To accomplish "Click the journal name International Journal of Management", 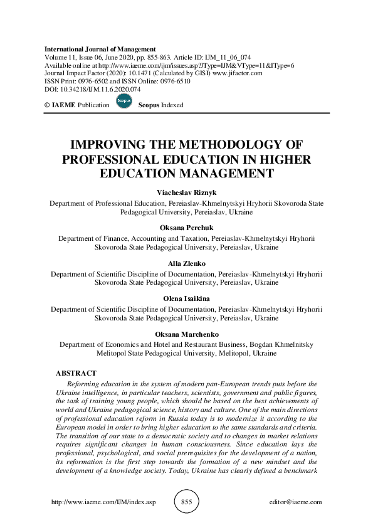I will pos(100,50).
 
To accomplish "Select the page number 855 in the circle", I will pos(186,502).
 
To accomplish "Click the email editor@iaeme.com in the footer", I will pos(294,502).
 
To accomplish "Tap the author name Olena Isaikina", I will pos(186,300).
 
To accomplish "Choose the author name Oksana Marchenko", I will pos(186,335).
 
